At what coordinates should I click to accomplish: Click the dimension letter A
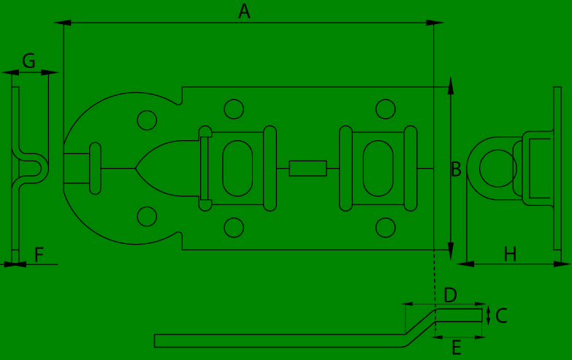tap(245, 11)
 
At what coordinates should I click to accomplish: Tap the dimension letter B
tap(457, 169)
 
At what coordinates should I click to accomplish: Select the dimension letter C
tap(502, 316)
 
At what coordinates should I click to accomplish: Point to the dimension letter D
tap(451, 295)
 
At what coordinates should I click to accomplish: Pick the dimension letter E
tap(457, 348)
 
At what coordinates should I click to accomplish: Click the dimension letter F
tap(39, 254)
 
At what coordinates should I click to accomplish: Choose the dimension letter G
tap(28, 61)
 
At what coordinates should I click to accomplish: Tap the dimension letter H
tap(510, 254)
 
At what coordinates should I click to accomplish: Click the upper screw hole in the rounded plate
tap(147, 120)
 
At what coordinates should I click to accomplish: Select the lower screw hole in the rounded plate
tap(147, 216)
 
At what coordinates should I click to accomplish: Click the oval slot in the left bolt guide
tap(237, 168)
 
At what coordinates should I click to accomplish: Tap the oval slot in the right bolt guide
tap(378, 168)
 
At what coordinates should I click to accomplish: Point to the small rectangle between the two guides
tap(308, 168)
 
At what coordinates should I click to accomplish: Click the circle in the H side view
tap(498, 168)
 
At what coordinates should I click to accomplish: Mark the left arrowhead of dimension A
tap(62, 23)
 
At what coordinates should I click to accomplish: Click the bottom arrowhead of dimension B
tap(451, 251)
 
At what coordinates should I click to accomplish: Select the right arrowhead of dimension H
tap(563, 264)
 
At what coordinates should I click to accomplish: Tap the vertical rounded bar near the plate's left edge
tap(95, 168)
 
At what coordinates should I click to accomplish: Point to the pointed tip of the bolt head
tap(135, 168)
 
